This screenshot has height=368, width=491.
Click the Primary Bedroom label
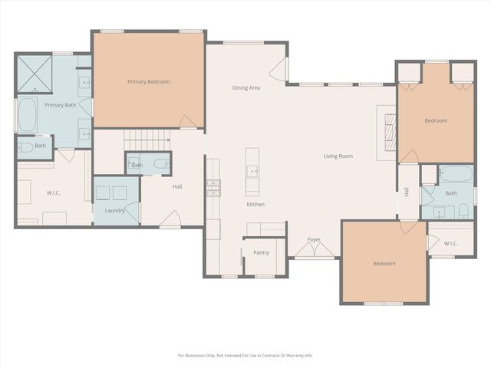[148, 82]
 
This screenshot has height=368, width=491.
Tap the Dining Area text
[246, 87]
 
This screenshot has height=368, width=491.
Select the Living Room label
[338, 156]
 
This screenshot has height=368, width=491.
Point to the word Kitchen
[255, 205]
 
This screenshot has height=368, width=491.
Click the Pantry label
[261, 252]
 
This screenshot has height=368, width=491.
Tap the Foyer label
[314, 239]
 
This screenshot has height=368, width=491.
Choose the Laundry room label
[114, 211]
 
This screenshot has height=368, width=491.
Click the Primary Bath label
[61, 105]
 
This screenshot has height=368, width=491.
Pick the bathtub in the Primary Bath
[28, 115]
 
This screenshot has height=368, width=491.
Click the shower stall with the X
[35, 74]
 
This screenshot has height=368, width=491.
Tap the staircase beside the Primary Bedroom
[147, 140]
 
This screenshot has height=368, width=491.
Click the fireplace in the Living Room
[390, 133]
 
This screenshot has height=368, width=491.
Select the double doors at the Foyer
[315, 251]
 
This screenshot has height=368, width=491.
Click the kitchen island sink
[252, 171]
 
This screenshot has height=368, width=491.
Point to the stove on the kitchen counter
[213, 188]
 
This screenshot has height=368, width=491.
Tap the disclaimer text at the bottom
[245, 356]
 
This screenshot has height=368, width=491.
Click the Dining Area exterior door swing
[278, 70]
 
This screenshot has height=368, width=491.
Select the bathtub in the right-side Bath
[456, 174]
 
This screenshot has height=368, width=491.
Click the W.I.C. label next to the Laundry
[54, 193]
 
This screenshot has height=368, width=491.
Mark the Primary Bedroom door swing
[188, 122]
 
